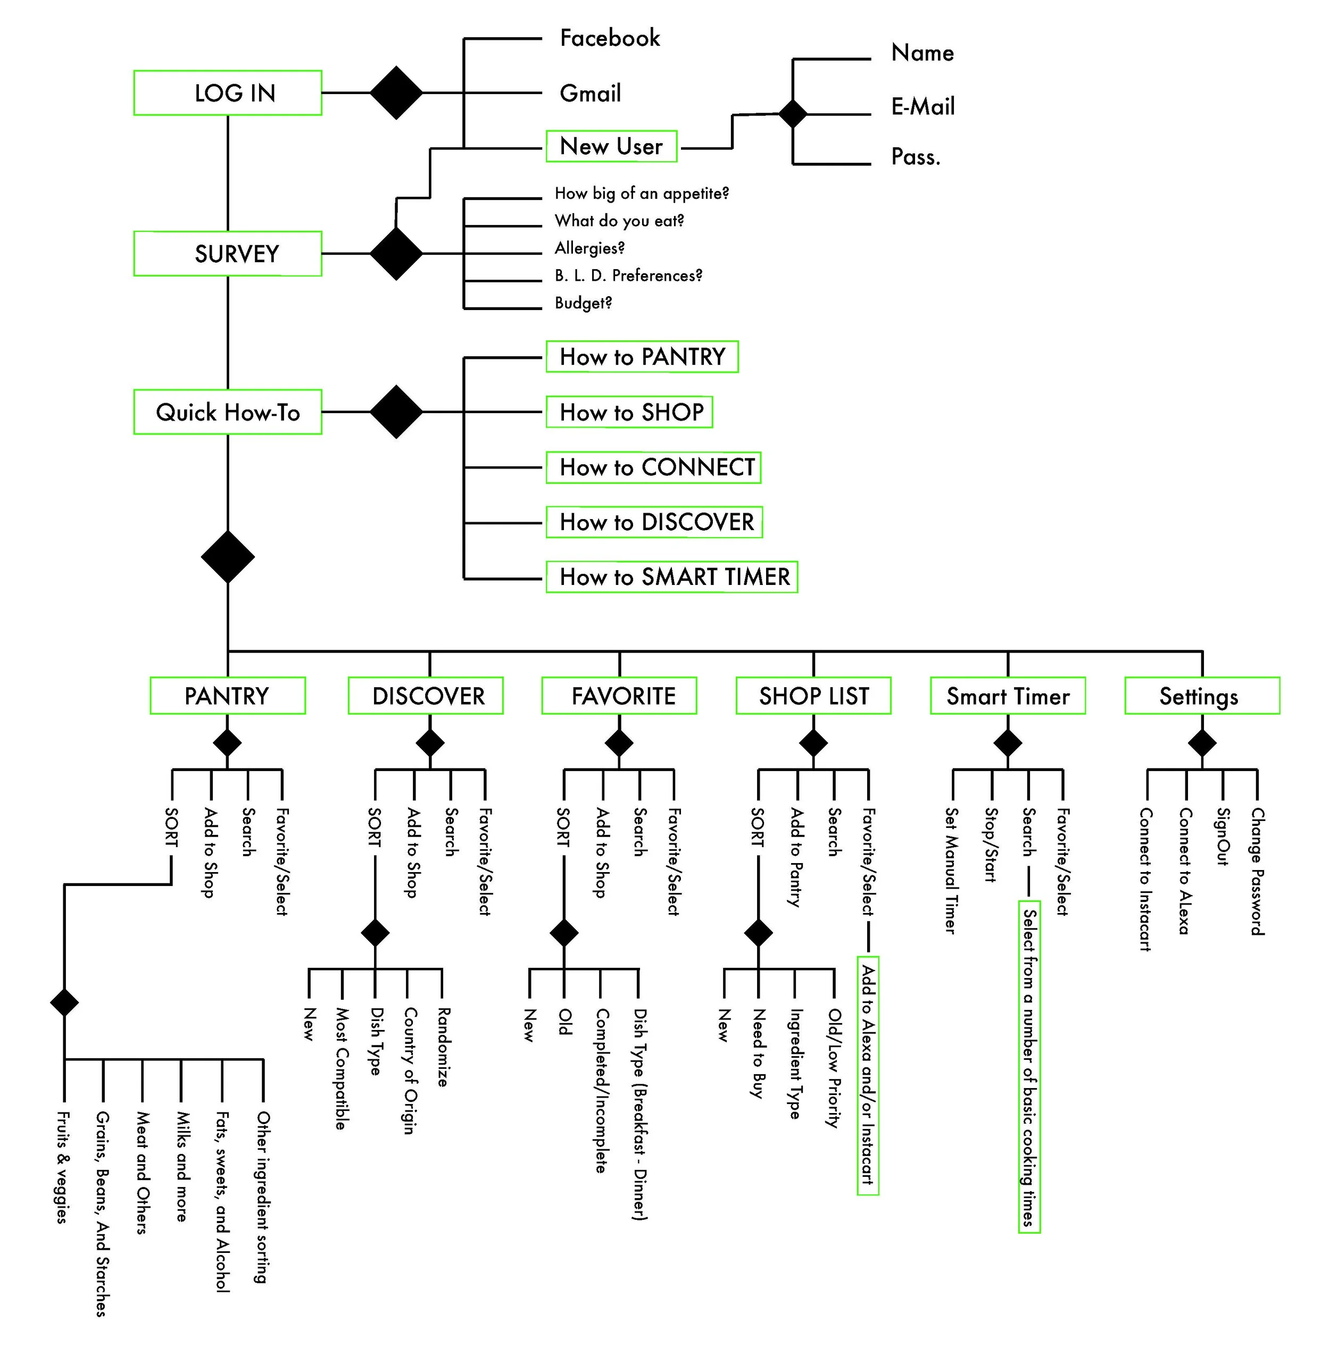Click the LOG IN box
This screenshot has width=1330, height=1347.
pos(227,93)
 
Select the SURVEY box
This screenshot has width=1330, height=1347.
pos(227,254)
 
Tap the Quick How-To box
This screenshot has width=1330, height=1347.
pos(227,412)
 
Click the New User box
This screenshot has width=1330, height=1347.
pos(611,146)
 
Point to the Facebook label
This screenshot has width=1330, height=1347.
pos(610,38)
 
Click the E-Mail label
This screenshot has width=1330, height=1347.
pos(922,107)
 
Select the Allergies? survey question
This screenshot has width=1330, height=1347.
pos(589,248)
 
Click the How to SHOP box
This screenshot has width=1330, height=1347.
pos(628,412)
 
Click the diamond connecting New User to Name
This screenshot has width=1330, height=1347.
pos(792,114)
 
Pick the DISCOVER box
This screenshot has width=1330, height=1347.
pos(426,696)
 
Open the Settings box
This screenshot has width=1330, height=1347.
pos(1202,696)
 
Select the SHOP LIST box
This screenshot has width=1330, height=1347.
pos(813,696)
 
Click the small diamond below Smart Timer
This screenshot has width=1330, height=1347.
pos(1007,743)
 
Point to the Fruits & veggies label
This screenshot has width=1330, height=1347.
pos(63,1167)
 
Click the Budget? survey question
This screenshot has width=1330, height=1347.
pos(583,303)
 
